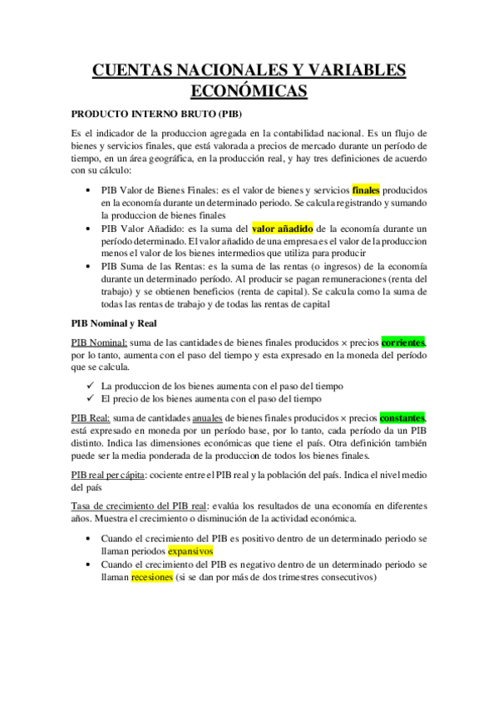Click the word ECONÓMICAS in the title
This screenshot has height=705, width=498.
(249, 90)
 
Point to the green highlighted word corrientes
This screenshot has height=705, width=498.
(403, 342)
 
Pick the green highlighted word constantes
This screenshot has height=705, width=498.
(403, 418)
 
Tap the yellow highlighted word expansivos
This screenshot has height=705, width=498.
(190, 551)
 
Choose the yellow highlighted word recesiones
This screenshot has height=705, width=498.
(152, 577)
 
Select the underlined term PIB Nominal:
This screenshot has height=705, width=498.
(100, 343)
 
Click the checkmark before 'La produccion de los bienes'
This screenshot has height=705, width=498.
(90, 387)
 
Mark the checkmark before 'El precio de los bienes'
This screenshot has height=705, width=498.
(90, 399)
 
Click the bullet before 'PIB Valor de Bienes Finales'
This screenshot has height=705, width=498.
(90, 190)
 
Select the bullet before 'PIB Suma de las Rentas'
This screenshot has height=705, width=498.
(90, 267)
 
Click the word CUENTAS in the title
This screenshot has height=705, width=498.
(136, 70)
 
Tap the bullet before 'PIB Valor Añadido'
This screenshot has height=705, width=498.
(90, 229)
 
